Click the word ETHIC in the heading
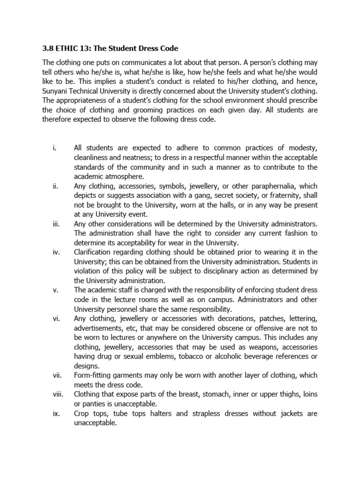point(68,48)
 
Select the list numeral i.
point(54,149)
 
